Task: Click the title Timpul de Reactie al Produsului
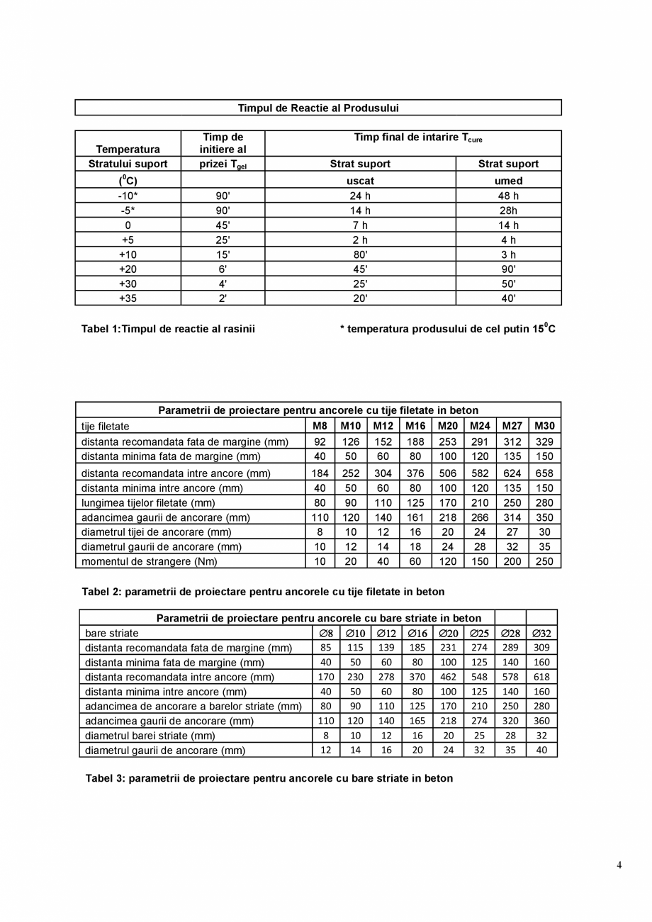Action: (318, 108)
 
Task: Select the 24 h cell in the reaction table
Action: (360, 196)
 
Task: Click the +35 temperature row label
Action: (128, 298)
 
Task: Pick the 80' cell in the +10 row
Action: (360, 254)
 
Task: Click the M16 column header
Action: (415, 426)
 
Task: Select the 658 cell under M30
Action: (544, 473)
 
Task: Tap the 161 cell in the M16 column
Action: (415, 517)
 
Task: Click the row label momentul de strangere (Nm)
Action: (149, 561)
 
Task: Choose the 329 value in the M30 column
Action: (544, 442)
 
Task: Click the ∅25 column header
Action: (479, 633)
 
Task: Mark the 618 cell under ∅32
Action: (541, 677)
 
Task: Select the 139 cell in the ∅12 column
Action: (386, 647)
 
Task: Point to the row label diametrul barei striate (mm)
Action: (150, 736)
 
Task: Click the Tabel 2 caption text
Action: (263, 592)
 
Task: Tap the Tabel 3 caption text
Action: (269, 778)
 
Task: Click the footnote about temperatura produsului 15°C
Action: (447, 329)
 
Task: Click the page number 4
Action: (619, 865)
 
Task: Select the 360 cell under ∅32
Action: (541, 721)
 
